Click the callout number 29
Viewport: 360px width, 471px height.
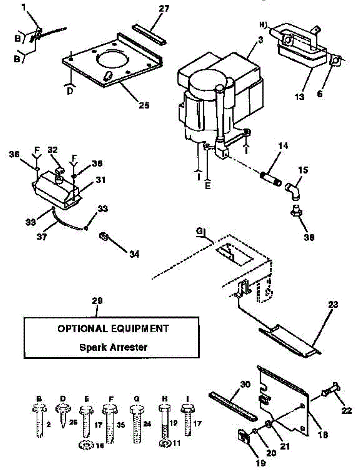click(x=97, y=301)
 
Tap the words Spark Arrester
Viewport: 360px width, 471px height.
click(x=113, y=347)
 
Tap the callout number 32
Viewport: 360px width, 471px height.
click(x=53, y=150)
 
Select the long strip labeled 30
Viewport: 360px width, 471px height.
click(x=233, y=405)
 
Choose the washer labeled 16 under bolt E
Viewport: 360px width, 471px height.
click(x=85, y=445)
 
